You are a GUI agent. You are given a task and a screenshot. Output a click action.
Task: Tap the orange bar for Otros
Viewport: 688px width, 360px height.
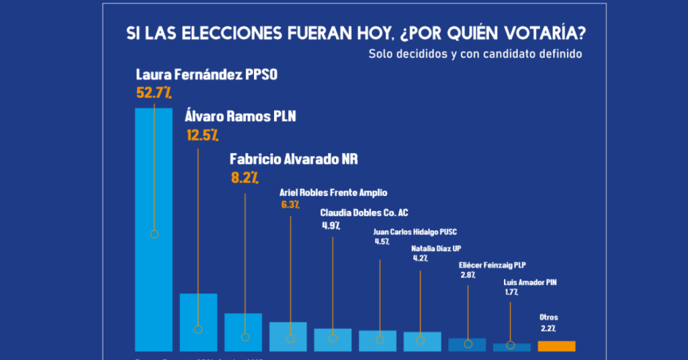tap(556, 347)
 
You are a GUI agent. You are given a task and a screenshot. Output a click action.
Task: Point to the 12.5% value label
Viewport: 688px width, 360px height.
tap(202, 135)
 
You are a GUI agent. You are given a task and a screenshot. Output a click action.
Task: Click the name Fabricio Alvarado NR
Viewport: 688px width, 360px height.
tap(294, 159)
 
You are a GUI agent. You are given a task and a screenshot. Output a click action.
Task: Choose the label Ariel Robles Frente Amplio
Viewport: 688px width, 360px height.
tap(333, 193)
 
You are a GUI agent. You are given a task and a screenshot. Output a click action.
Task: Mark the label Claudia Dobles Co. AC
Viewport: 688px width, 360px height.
tap(364, 213)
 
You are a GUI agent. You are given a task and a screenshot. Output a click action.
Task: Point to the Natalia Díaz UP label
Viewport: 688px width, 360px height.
tap(436, 249)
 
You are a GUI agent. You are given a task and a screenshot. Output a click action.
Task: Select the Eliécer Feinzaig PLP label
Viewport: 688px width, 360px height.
tap(490, 265)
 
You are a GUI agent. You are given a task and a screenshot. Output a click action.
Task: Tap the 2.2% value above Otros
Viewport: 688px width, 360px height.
tap(548, 328)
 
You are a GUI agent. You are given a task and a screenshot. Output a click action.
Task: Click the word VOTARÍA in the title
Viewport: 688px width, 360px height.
tap(525, 34)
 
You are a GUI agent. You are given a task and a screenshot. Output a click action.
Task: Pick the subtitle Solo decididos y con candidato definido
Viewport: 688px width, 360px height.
tap(475, 54)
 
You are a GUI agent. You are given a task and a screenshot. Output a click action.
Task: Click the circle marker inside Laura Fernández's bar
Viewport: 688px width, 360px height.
tap(154, 234)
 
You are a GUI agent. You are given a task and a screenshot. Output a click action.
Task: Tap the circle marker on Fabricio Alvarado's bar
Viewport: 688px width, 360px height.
tap(245, 337)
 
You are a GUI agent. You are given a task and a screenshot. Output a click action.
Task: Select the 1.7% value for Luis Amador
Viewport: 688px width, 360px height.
tap(511, 293)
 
